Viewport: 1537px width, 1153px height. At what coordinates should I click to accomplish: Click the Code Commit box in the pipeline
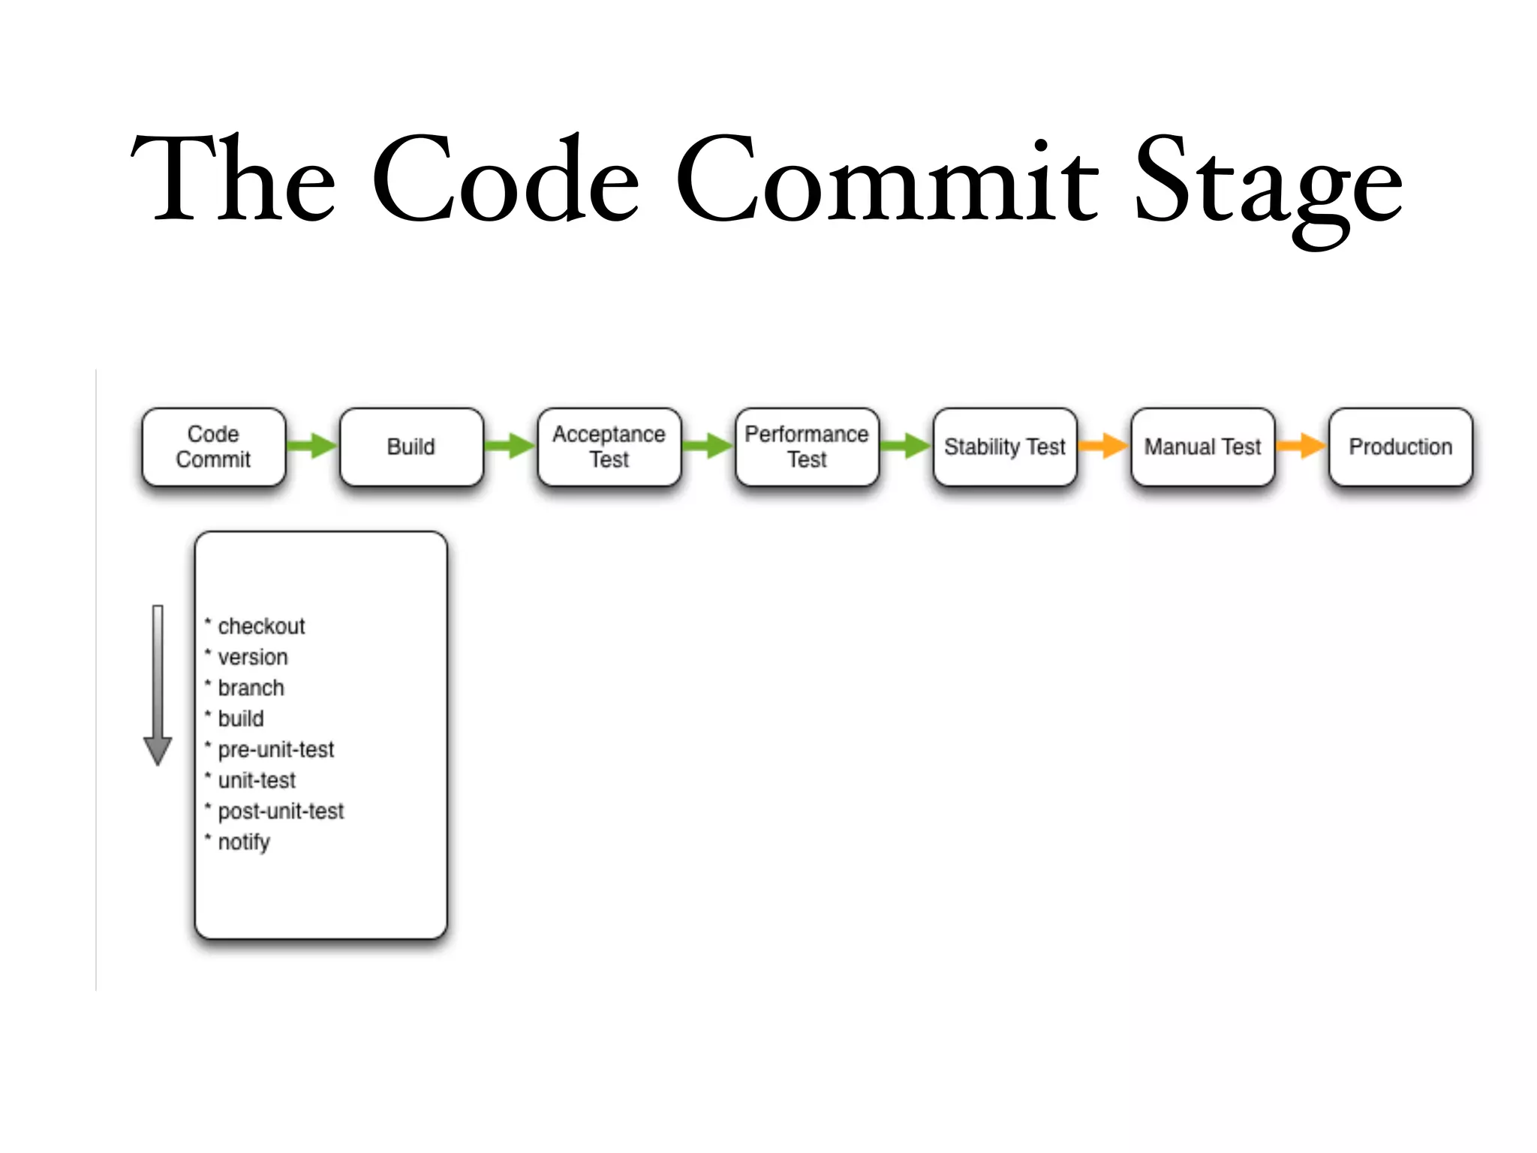tap(213, 447)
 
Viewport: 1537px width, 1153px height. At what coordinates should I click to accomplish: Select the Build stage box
tap(411, 447)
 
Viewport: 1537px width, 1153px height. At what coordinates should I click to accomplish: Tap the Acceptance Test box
tap(609, 447)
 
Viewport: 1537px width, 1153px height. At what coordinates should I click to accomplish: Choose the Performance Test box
tap(807, 447)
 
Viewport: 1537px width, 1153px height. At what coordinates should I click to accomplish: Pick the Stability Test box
tap(1005, 447)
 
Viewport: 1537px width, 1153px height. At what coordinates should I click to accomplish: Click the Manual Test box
tap(1202, 447)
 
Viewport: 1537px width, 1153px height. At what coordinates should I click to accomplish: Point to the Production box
tap(1400, 447)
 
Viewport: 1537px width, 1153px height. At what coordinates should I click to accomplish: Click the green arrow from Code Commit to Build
tap(312, 446)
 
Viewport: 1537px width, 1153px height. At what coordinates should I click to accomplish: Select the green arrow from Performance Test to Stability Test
tap(906, 446)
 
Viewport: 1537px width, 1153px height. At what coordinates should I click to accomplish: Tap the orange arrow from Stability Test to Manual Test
tap(1103, 446)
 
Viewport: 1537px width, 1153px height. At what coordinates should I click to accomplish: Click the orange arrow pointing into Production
tap(1301, 446)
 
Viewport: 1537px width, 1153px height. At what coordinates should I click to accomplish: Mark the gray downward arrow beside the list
tap(158, 685)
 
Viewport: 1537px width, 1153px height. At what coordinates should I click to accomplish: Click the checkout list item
tap(260, 626)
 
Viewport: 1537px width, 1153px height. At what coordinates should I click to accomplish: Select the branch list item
tap(251, 688)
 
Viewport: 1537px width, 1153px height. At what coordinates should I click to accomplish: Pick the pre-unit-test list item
tap(275, 749)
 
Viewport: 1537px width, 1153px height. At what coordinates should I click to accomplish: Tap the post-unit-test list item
tap(281, 811)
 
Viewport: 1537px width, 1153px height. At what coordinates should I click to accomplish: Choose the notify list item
tap(243, 842)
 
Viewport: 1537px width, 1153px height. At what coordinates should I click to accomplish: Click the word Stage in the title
tap(1268, 184)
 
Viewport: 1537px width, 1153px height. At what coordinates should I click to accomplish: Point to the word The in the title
tap(233, 180)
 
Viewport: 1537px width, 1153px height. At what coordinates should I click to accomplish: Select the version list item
tap(252, 657)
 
